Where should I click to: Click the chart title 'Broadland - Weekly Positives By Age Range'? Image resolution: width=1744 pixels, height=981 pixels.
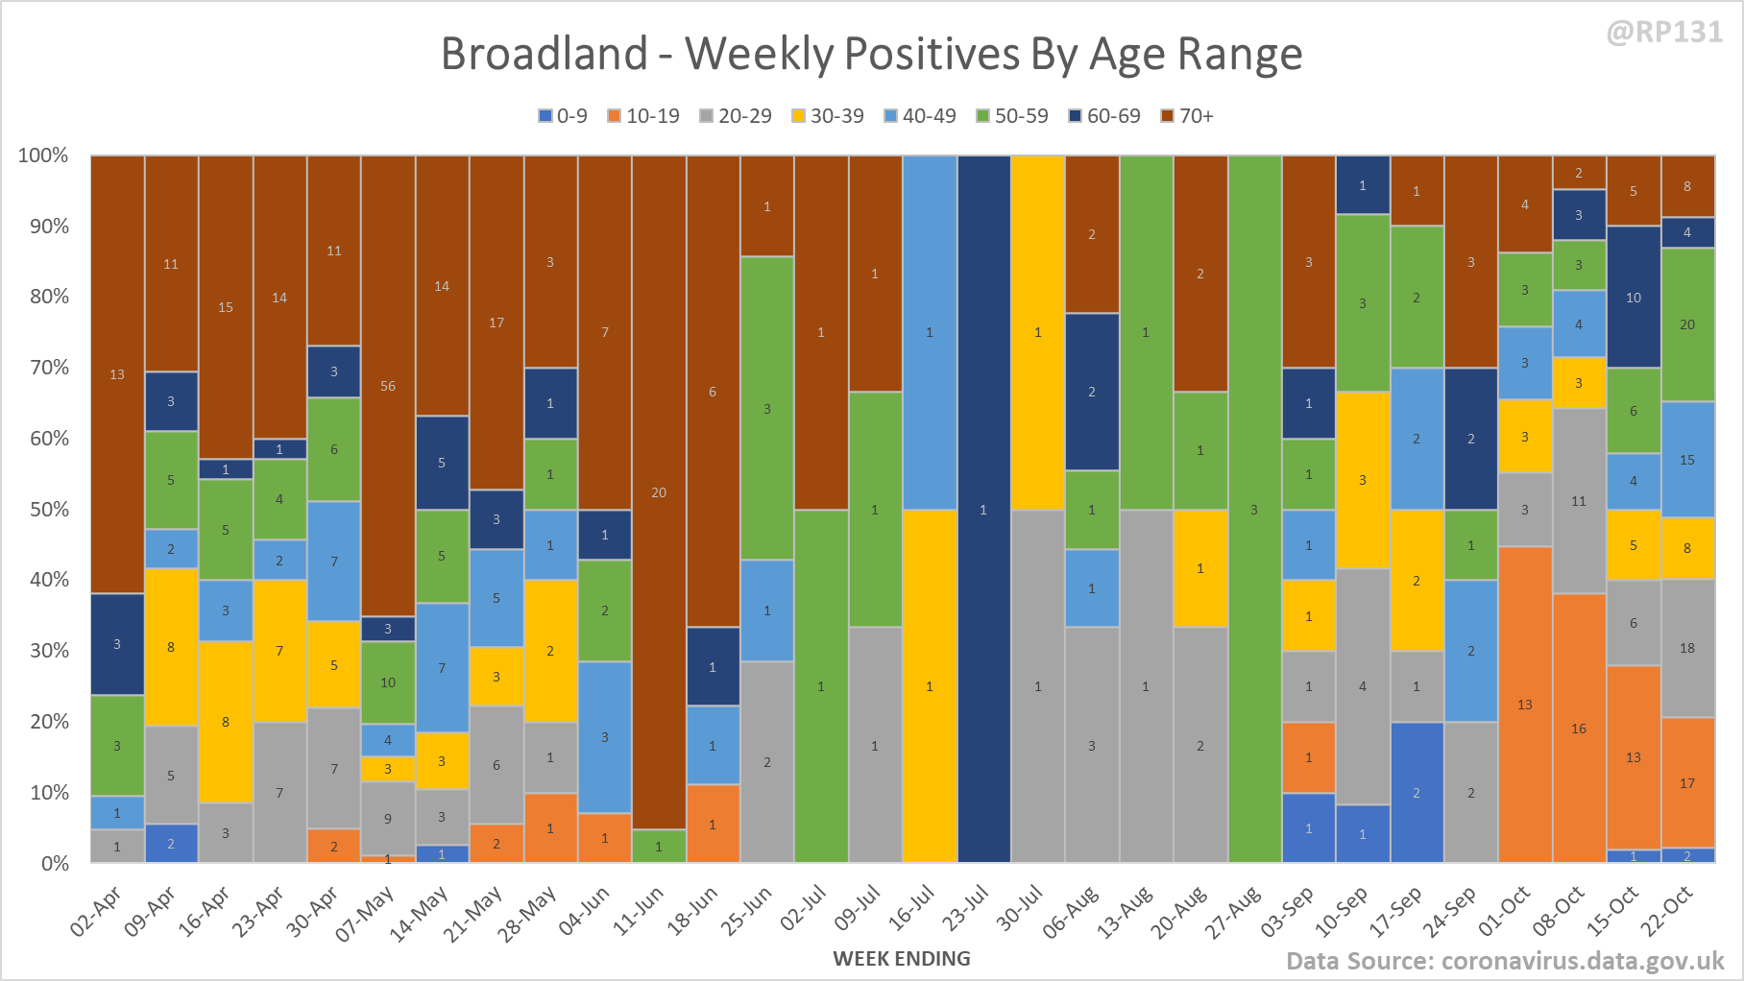pos(871,54)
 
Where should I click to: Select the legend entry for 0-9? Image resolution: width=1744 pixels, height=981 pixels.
pos(563,116)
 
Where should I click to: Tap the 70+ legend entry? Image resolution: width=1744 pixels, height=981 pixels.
pos(1187,116)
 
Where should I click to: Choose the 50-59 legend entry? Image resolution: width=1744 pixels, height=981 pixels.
pos(1012,116)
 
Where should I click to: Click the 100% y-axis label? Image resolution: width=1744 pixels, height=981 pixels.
pos(43,156)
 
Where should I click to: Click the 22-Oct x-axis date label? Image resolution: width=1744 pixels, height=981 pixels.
pos(1666,911)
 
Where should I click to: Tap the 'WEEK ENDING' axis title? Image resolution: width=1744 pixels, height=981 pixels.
pos(902,958)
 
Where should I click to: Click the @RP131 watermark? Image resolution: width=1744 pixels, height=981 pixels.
pos(1664,33)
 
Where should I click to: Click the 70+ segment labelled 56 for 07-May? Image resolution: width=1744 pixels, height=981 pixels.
pos(388,386)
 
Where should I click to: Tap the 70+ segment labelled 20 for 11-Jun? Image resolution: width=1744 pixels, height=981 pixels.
pos(659,492)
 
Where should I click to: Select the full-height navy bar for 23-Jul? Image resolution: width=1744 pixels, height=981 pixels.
pos(983,509)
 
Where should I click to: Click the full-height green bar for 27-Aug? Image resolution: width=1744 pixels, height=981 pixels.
pos(1254,509)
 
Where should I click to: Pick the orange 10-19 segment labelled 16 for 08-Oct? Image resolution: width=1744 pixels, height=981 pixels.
pos(1579,728)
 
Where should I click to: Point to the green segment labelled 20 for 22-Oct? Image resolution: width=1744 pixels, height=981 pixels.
pos(1687,324)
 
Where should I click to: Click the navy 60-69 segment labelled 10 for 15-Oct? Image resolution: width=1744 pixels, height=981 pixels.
pos(1634,298)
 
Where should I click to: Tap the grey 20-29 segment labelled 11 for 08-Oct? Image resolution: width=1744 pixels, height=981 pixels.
pos(1579,501)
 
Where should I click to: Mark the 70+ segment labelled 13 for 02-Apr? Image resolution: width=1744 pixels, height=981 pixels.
pos(117,374)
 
